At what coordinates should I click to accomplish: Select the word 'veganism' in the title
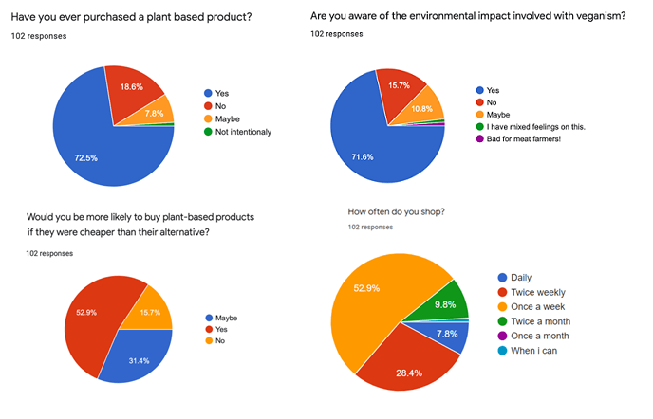588,16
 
